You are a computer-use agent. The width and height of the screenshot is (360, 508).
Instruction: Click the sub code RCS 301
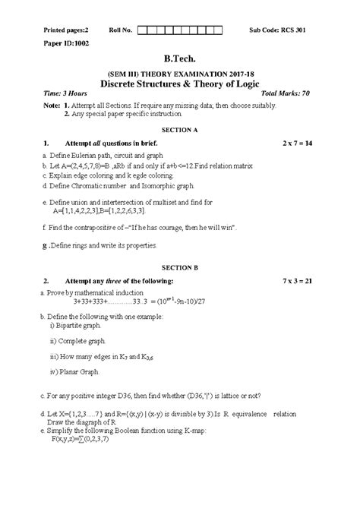tap(292, 30)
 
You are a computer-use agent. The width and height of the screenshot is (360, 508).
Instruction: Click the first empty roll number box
tap(142, 30)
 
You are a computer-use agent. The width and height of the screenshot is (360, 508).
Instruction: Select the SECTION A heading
tap(180, 131)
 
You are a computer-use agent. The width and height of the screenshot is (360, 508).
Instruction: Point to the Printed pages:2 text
tap(57, 30)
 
